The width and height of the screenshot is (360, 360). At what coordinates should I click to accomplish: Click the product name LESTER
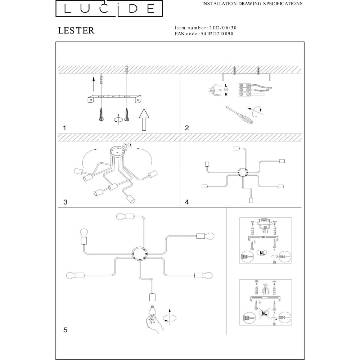[x=76, y=31]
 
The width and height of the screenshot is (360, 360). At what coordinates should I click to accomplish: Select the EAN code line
[x=204, y=33]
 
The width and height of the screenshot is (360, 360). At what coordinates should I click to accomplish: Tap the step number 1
[x=64, y=128]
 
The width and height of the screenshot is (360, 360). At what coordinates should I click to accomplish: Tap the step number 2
[x=186, y=128]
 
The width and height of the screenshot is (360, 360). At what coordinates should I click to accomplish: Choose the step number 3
[x=65, y=202]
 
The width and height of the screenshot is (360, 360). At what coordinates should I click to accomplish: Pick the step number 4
[x=186, y=202]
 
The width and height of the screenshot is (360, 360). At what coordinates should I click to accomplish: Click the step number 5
[x=65, y=329]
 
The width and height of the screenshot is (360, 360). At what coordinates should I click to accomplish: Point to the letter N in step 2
[x=226, y=94]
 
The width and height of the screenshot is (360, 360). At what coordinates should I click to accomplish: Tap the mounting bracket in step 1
[x=113, y=98]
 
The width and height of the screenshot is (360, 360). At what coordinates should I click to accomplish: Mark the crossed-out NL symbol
[x=265, y=314]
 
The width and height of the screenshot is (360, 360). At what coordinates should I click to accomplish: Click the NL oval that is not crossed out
[x=262, y=253]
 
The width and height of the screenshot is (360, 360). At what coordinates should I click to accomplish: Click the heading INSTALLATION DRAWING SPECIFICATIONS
[x=252, y=4]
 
